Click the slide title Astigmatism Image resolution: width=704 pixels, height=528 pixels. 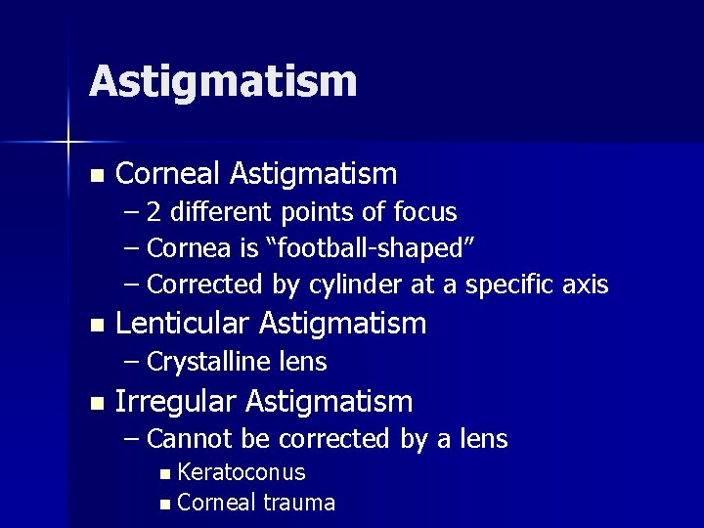223,82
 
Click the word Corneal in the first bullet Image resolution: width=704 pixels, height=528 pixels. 169,174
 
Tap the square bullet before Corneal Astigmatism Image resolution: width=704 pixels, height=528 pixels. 95,176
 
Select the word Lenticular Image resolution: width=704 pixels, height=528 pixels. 176,323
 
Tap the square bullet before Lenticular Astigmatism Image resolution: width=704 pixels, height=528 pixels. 95,325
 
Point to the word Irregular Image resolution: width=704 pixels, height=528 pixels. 177,401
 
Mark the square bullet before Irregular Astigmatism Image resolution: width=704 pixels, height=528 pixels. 95,403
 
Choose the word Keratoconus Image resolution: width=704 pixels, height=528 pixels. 242,473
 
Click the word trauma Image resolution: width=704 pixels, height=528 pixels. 300,504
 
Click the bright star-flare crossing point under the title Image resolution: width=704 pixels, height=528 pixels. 67,143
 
